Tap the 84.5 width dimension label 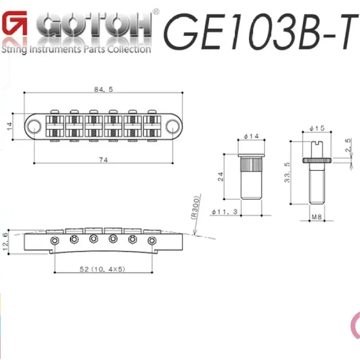[104, 89]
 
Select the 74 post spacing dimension [103, 160]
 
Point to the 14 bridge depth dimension [10, 126]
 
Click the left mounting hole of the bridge [34, 126]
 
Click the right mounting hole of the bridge [172, 126]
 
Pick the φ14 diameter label [252, 136]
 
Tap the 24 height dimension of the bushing [221, 176]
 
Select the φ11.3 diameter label [224, 212]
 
